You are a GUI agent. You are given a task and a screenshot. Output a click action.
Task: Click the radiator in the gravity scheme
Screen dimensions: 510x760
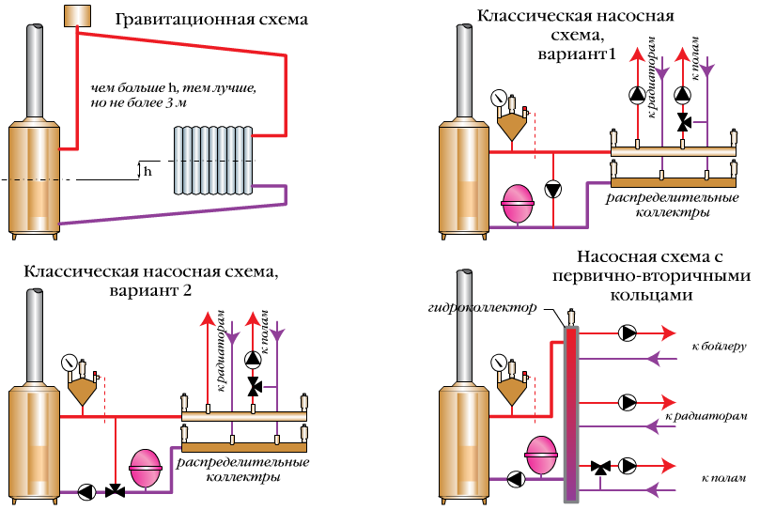point(212,161)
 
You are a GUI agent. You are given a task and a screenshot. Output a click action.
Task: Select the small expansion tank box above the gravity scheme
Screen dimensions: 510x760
point(76,16)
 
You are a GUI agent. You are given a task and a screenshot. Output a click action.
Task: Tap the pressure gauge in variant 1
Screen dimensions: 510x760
point(498,98)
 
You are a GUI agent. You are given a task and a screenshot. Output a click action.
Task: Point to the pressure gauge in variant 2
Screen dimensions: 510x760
point(69,362)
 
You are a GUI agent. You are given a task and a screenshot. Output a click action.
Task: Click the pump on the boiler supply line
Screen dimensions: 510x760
point(626,332)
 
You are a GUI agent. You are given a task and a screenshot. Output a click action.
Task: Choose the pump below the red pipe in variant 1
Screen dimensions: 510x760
point(555,189)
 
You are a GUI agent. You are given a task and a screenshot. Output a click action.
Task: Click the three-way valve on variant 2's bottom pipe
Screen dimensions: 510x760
point(116,490)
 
